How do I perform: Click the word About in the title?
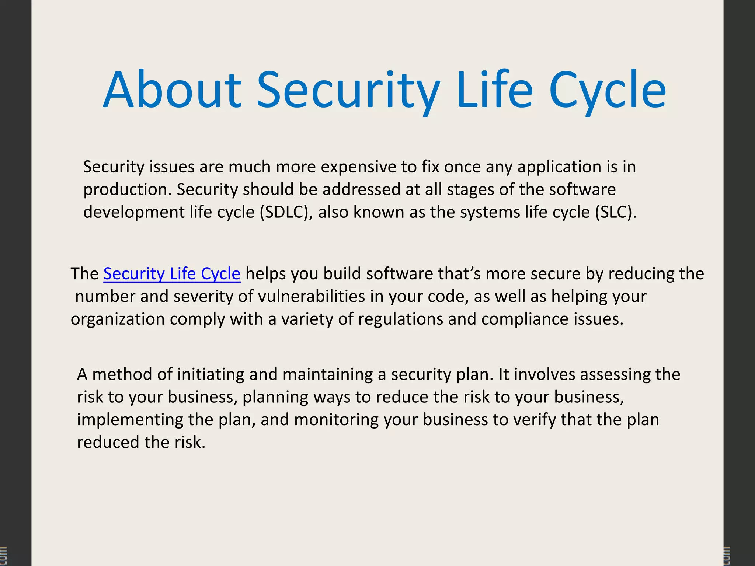[x=172, y=90]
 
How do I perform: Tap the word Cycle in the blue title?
[x=607, y=90]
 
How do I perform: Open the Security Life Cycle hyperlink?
[x=172, y=274]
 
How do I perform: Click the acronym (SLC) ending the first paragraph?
[x=616, y=212]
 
